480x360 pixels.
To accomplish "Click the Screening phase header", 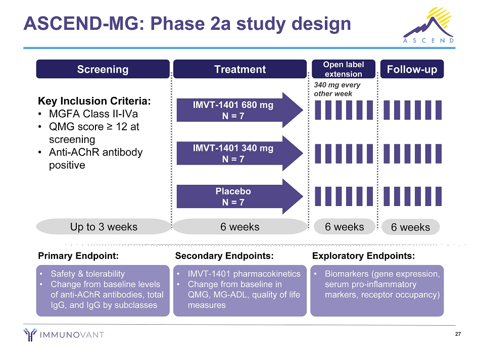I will [x=103, y=69].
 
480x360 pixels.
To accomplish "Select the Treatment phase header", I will [x=239, y=69].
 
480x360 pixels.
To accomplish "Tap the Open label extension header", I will [x=343, y=69].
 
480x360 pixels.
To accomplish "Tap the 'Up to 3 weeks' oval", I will [x=104, y=227].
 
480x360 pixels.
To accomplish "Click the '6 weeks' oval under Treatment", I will [x=239, y=227].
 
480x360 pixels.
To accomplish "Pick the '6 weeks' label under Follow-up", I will [x=410, y=227].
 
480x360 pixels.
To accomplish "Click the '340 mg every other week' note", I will [x=337, y=89].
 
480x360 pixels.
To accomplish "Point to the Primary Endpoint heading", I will [x=78, y=256].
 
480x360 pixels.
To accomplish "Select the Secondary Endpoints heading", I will [x=224, y=256].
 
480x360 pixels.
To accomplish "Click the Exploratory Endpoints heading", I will [x=364, y=256].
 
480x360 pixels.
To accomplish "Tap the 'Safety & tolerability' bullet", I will [x=87, y=274].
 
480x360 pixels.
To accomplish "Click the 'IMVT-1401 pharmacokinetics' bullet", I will [x=244, y=274].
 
